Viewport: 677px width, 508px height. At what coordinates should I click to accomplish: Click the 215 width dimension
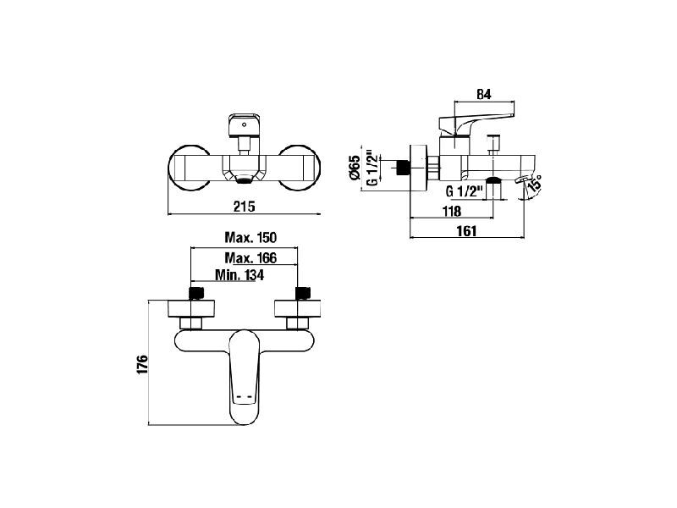[x=245, y=207]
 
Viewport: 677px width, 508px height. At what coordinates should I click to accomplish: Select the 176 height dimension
[x=142, y=365]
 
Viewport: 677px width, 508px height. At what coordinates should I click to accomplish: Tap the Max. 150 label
[x=250, y=237]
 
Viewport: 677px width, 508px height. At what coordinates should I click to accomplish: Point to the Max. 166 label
[x=250, y=258]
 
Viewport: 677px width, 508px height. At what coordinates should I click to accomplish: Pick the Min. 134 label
[x=239, y=274]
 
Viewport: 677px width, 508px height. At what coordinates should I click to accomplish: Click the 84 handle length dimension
[x=483, y=95]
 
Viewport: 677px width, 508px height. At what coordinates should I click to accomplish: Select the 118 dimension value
[x=452, y=211]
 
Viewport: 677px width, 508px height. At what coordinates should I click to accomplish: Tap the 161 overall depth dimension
[x=467, y=230]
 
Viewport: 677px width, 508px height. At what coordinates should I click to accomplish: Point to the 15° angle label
[x=534, y=183]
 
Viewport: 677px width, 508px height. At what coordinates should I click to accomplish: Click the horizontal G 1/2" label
[x=463, y=190]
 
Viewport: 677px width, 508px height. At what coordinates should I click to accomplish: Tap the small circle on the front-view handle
[x=245, y=124]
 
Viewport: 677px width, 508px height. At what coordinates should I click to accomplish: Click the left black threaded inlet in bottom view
[x=196, y=293]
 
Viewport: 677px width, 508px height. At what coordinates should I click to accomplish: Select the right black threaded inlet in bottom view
[x=303, y=293]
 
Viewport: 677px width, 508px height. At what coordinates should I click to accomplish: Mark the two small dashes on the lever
[x=244, y=396]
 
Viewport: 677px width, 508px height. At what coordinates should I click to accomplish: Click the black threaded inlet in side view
[x=403, y=167]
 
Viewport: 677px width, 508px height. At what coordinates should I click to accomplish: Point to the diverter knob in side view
[x=493, y=145]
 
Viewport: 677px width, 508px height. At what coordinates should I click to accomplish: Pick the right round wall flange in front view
[x=300, y=167]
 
